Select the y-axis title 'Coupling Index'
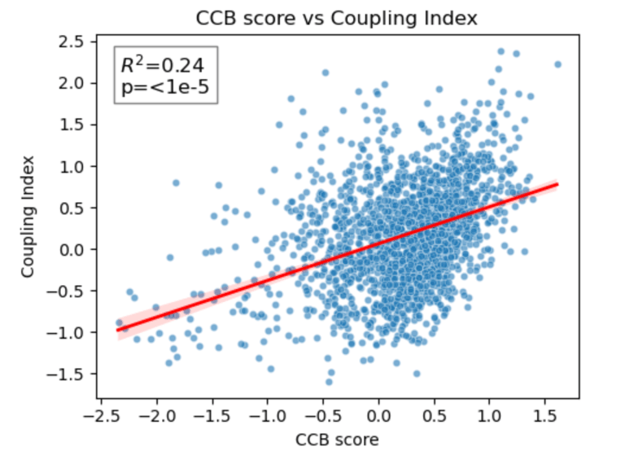(x=29, y=216)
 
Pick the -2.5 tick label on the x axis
(x=101, y=416)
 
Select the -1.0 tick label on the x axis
(x=267, y=416)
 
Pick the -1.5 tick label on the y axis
(x=72, y=374)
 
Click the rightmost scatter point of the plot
(x=557, y=64)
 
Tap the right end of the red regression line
(x=557, y=184)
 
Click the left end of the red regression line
(x=118, y=329)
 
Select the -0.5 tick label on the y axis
(x=72, y=291)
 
